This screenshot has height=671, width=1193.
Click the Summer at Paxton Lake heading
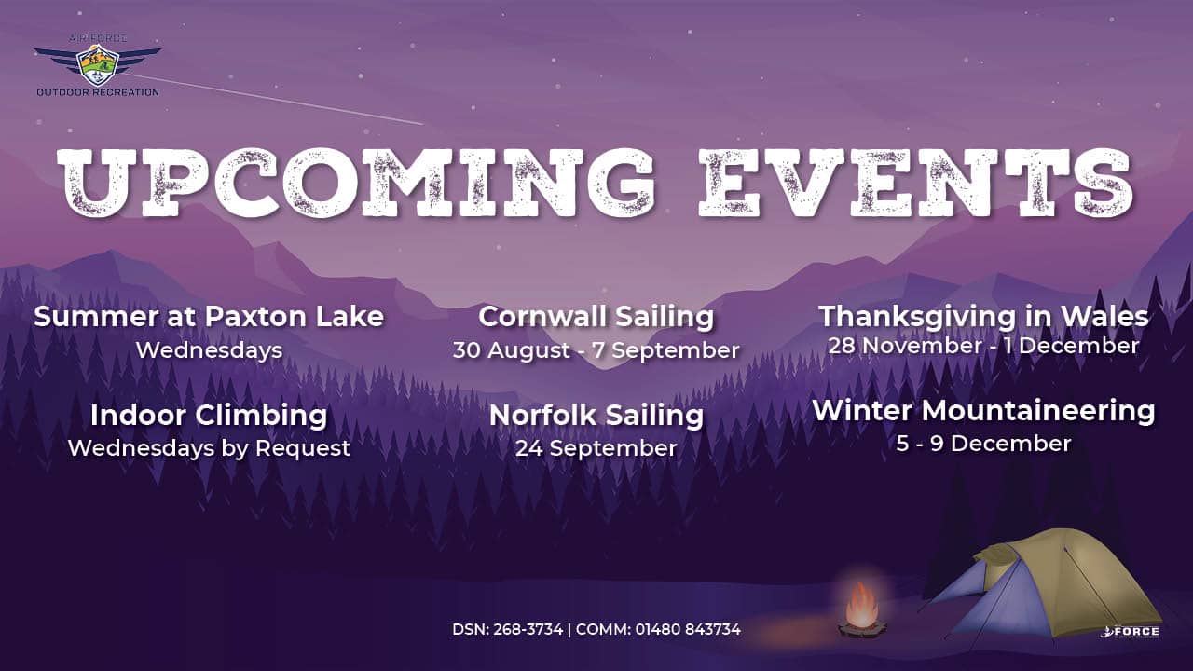[x=209, y=316]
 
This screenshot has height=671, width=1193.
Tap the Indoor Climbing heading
[x=209, y=416]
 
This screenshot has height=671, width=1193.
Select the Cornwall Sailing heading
[x=596, y=317]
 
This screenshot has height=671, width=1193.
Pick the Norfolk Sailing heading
[x=596, y=416]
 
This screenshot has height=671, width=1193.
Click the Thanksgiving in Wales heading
[x=983, y=317]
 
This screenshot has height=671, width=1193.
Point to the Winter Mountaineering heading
[x=983, y=411]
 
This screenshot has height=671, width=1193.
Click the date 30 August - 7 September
[x=596, y=350]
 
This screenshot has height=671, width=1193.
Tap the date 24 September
[x=596, y=448]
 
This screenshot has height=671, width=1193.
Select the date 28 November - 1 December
[x=983, y=346]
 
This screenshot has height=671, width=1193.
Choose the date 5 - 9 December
[x=983, y=445]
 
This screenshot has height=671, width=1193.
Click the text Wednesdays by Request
[x=209, y=448]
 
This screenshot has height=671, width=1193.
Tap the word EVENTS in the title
[x=915, y=182]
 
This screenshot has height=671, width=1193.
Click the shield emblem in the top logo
[x=97, y=65]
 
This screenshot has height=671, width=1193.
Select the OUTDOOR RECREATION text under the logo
[x=98, y=92]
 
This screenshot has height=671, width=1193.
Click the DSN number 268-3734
[x=528, y=629]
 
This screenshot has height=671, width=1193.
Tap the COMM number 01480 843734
[x=688, y=629]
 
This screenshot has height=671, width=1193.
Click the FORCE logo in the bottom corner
[x=1130, y=632]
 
